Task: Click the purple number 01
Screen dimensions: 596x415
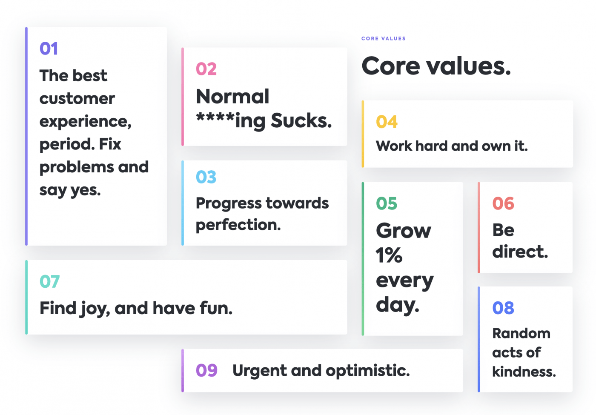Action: [49, 49]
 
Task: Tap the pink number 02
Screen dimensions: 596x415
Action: [206, 69]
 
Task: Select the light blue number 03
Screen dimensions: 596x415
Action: [206, 177]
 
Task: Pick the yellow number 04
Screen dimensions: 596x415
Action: [387, 122]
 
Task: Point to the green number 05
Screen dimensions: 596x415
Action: [387, 203]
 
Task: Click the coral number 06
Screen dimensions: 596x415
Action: [503, 203]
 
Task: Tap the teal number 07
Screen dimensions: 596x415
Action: [49, 281]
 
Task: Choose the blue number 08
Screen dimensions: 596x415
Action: [503, 308]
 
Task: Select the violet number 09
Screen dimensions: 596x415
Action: [206, 370]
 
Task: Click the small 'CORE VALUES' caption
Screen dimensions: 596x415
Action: [384, 39]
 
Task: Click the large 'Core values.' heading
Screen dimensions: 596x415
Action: [436, 66]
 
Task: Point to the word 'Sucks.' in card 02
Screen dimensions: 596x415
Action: [301, 120]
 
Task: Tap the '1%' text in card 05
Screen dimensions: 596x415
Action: [389, 255]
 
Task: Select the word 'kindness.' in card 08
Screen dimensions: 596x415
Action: [524, 372]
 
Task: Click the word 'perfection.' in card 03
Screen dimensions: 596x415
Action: [238, 225]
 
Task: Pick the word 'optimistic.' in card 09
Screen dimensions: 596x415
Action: [368, 371]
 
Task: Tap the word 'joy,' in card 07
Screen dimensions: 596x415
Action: [95, 309]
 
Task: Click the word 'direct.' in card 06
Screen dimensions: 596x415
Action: [520, 252]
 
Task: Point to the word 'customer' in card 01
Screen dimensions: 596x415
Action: [77, 99]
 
